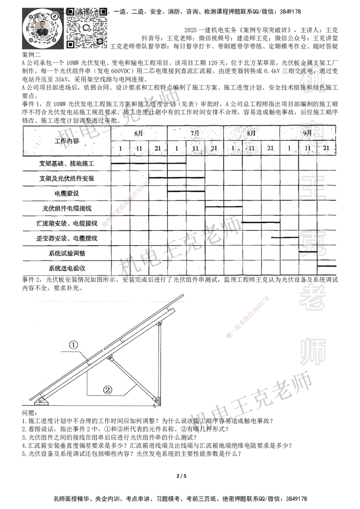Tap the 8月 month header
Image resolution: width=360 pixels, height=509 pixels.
coord(251,133)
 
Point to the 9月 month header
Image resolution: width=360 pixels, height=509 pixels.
coord(308,133)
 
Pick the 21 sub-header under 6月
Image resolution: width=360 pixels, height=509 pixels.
coord(158,148)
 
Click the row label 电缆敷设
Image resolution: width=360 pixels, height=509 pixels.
coord(67,193)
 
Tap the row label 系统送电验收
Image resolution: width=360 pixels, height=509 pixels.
coord(67,268)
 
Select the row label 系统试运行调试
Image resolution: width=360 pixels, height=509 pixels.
coord(67,254)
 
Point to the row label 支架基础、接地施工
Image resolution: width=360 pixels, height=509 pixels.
coord(67,163)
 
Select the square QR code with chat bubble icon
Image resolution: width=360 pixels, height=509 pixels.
coord(87,27)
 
